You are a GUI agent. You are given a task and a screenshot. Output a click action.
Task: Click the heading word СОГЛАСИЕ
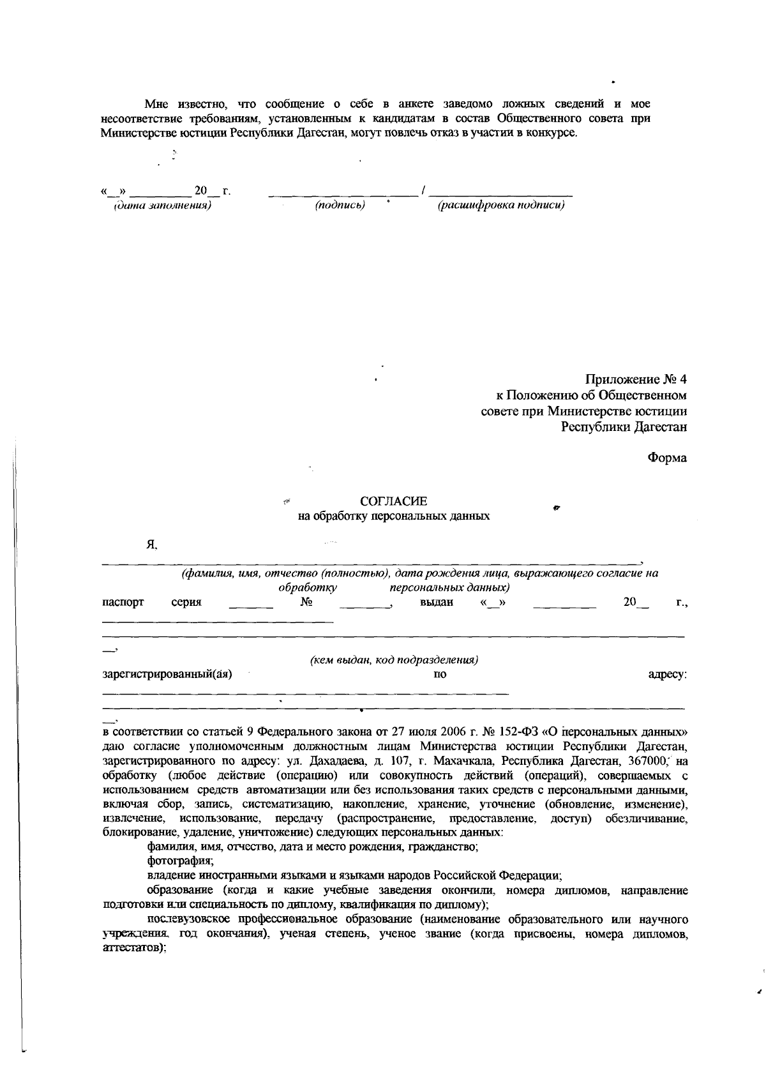click(393, 501)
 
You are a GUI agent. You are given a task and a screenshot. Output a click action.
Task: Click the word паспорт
click(123, 602)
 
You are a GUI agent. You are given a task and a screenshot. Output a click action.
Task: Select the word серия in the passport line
click(186, 602)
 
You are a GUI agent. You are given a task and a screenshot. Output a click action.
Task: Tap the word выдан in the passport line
click(437, 602)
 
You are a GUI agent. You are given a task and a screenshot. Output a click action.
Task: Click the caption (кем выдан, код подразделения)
click(394, 660)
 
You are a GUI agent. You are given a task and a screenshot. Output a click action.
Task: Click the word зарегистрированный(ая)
click(167, 674)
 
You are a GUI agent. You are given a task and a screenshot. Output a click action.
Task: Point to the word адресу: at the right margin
click(667, 674)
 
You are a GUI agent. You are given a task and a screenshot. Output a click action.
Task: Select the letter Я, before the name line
click(151, 545)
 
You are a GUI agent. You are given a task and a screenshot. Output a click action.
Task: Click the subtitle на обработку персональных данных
click(394, 516)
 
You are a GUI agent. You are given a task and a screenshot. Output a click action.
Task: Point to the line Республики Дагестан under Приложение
click(624, 427)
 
